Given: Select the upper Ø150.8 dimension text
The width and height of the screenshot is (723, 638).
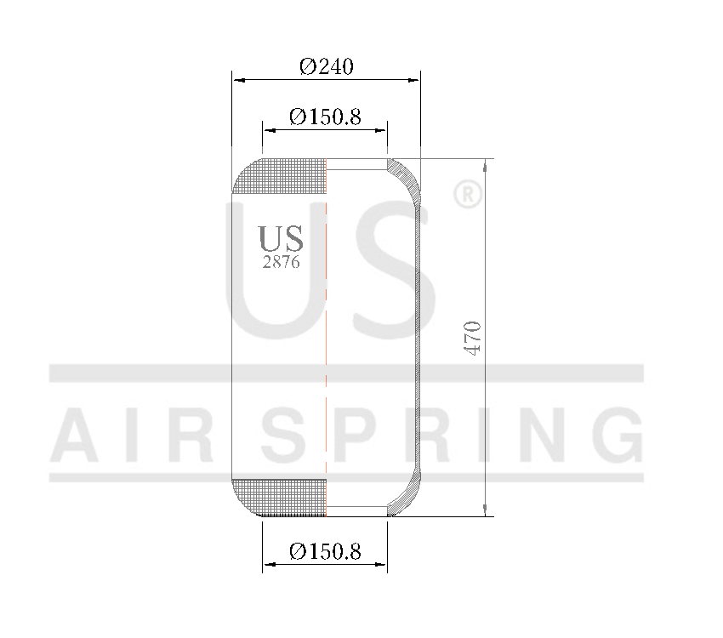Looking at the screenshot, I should point(325,117).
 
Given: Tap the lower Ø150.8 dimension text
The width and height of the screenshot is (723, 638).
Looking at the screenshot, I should point(325,552).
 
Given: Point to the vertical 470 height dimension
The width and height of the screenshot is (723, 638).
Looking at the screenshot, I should point(474,338).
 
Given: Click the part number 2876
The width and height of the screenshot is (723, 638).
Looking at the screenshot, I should point(281,262).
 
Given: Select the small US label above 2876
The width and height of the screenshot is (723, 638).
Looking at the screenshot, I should point(281,239).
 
